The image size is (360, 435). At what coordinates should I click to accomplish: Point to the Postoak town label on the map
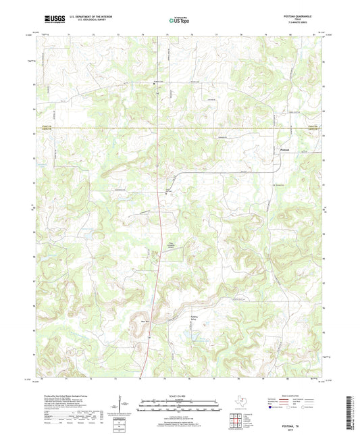click(286, 150)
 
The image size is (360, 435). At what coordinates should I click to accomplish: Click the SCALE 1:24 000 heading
click(179, 395)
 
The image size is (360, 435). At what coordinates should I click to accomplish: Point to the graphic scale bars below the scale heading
click(179, 406)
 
